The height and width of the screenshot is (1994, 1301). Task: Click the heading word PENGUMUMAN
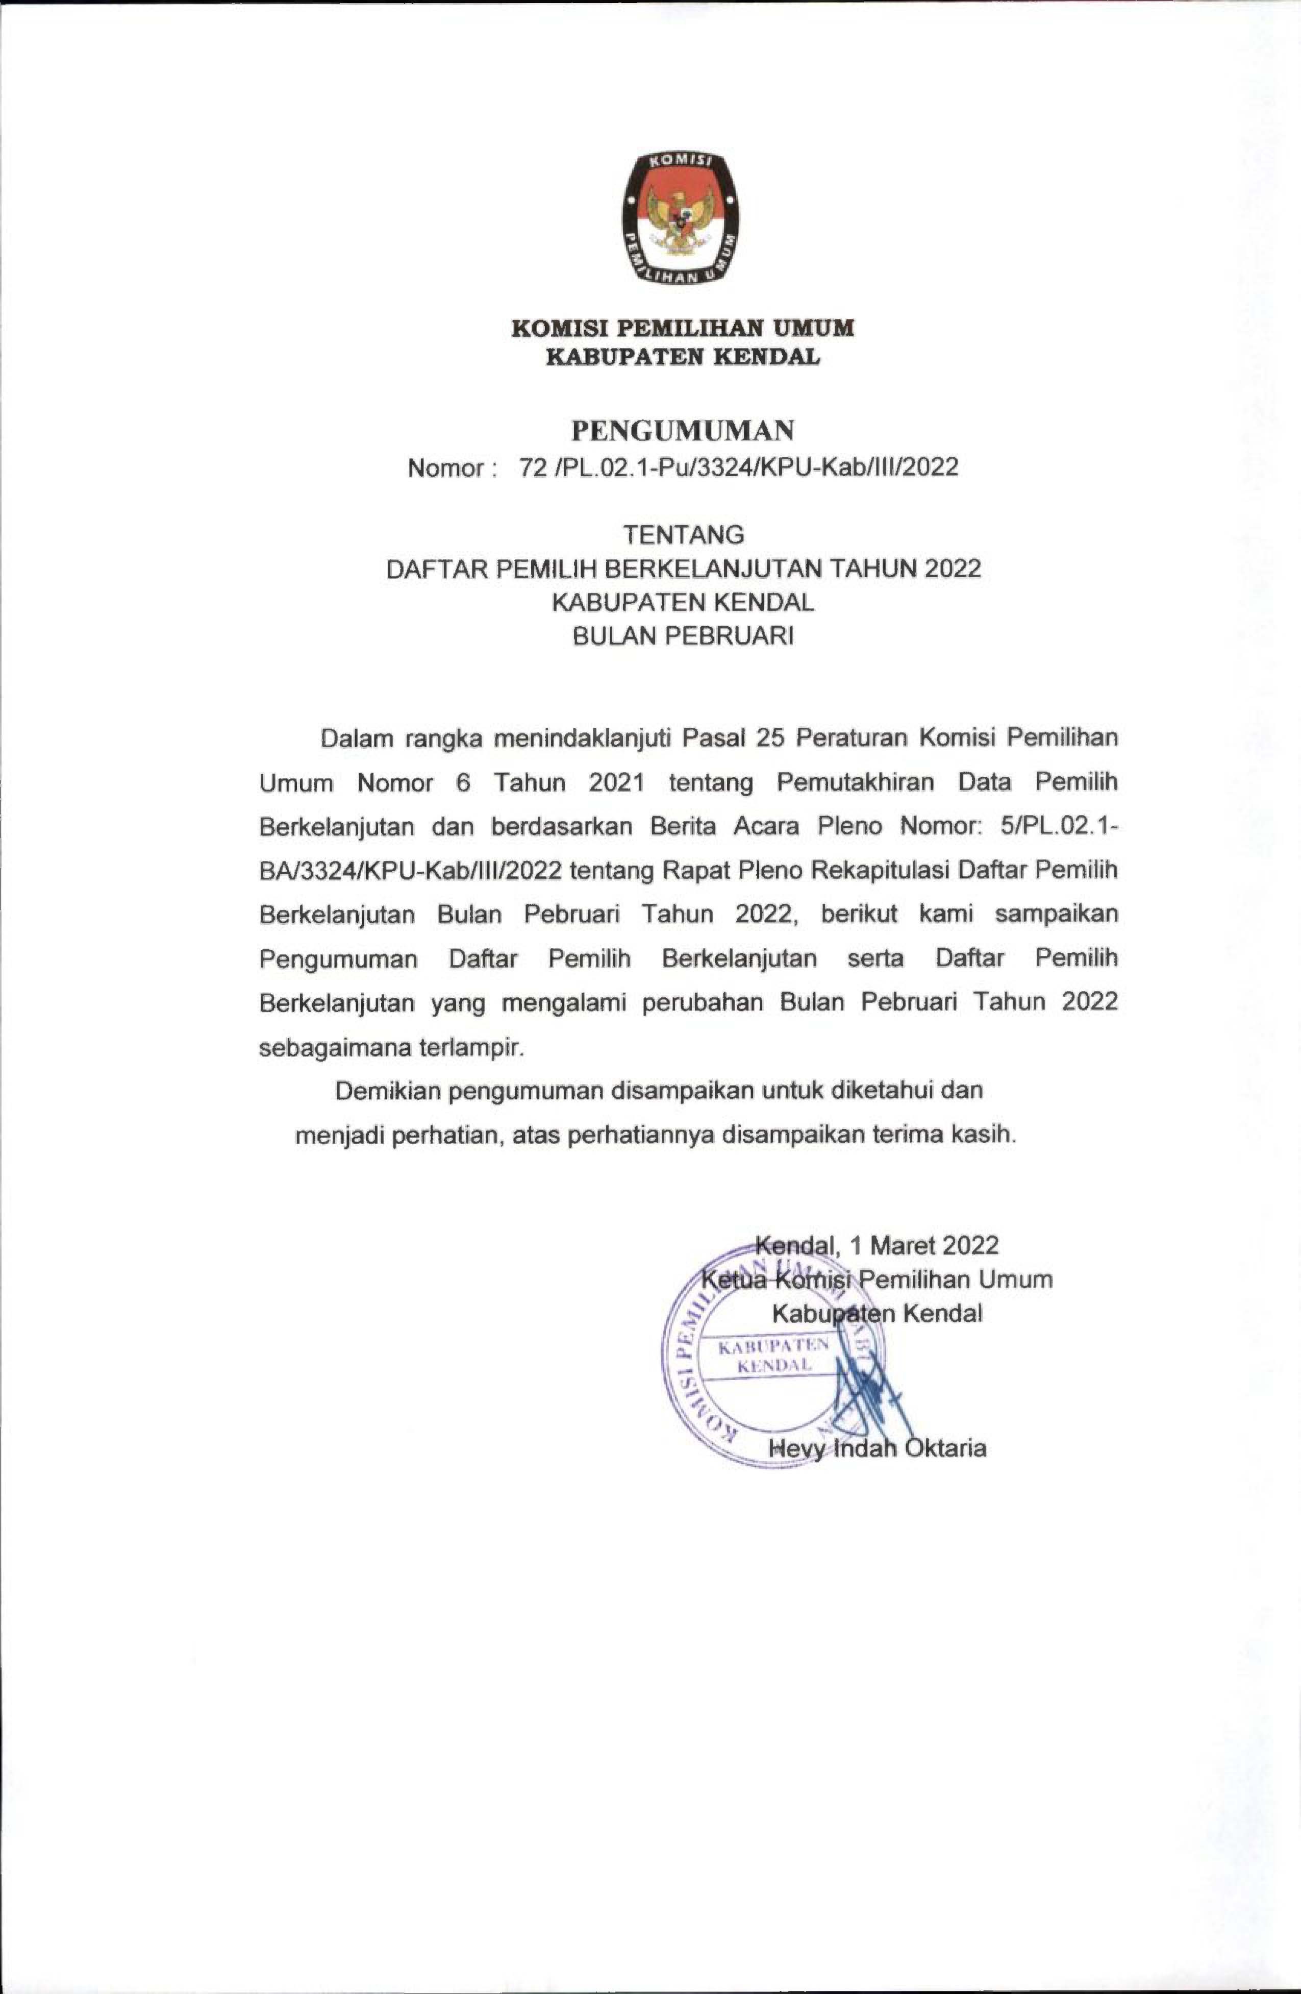(683, 431)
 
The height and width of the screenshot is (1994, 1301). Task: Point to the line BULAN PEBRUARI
(683, 637)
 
